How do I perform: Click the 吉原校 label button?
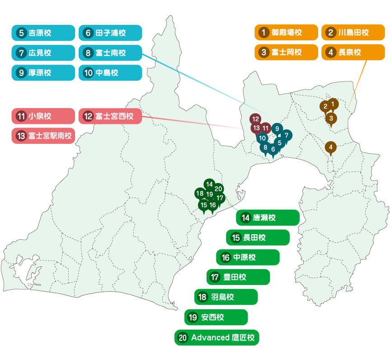[43, 33]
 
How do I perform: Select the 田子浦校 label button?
[110, 33]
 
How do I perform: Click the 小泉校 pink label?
[43, 116]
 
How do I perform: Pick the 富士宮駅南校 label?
[43, 136]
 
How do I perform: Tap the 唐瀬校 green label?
[268, 218]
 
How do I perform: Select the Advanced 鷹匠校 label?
[216, 337]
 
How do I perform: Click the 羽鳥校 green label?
[226, 297]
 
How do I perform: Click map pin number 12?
[255, 119]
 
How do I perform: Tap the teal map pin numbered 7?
[286, 135]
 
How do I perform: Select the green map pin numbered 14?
[209, 184]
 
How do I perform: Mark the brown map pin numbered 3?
[331, 118]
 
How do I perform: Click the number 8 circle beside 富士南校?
[88, 53]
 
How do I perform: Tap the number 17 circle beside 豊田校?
[215, 277]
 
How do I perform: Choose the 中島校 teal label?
[110, 72]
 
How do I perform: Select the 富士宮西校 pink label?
[110, 116]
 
